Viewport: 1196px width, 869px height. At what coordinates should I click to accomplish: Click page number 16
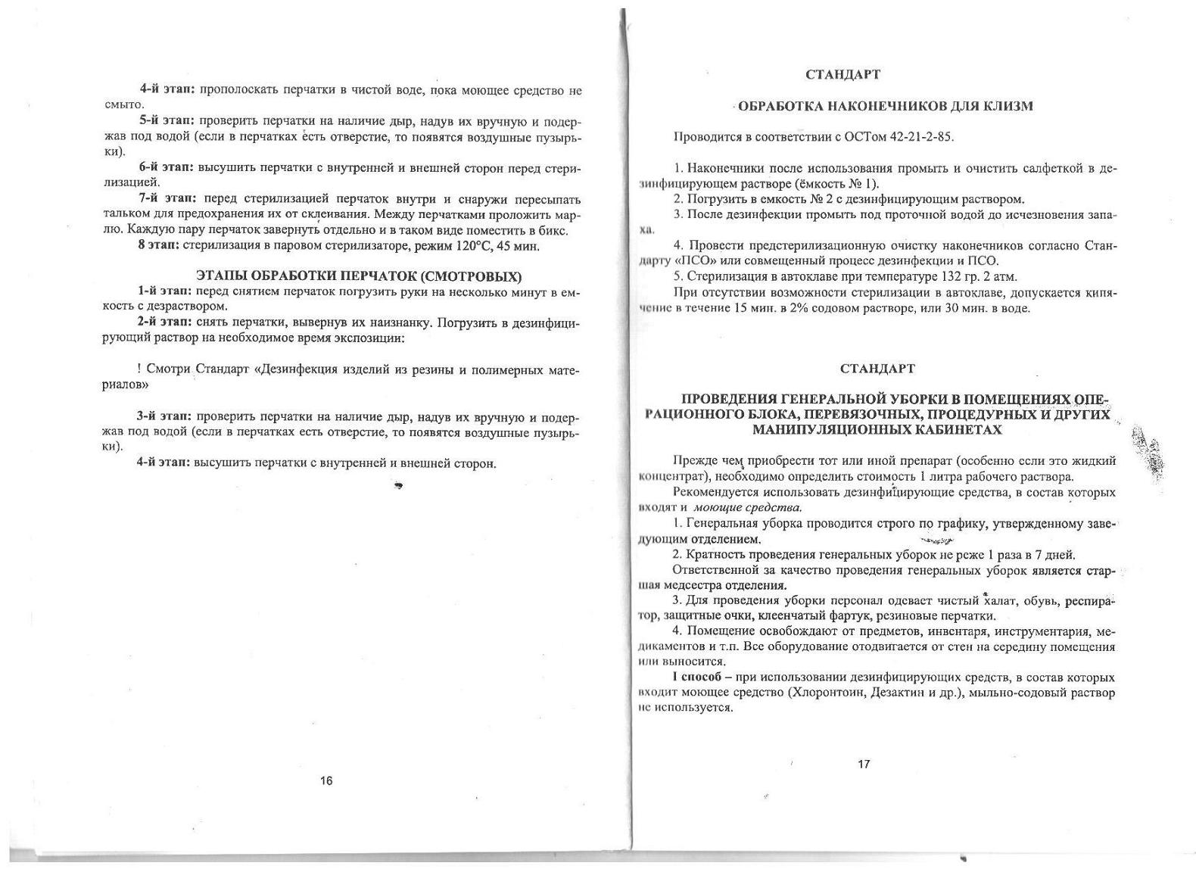point(326,780)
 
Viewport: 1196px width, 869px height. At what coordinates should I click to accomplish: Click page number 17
point(864,764)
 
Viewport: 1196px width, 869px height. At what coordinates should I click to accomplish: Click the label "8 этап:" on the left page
point(158,246)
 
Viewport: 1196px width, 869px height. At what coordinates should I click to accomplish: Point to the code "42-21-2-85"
point(922,137)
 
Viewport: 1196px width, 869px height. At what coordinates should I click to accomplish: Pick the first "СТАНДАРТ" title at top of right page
point(842,75)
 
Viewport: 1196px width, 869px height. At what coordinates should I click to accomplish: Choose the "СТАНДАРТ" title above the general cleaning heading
point(877,369)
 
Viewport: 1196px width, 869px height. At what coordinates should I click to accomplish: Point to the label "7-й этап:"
point(167,199)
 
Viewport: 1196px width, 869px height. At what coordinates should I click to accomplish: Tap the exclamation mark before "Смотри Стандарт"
point(139,369)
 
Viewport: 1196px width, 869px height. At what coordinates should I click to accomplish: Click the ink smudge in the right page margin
point(1148,453)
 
